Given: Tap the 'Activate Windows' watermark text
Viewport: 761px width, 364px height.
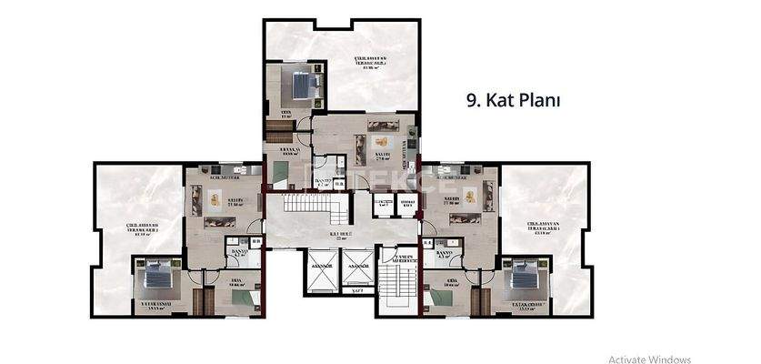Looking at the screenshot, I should [649, 359].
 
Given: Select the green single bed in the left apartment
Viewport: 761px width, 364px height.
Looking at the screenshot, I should [241, 297].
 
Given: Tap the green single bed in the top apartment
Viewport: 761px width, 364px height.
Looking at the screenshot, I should [280, 175].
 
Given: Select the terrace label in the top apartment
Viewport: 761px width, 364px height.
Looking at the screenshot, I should [370, 62].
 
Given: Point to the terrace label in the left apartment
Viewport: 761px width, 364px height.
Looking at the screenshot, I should [141, 229].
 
